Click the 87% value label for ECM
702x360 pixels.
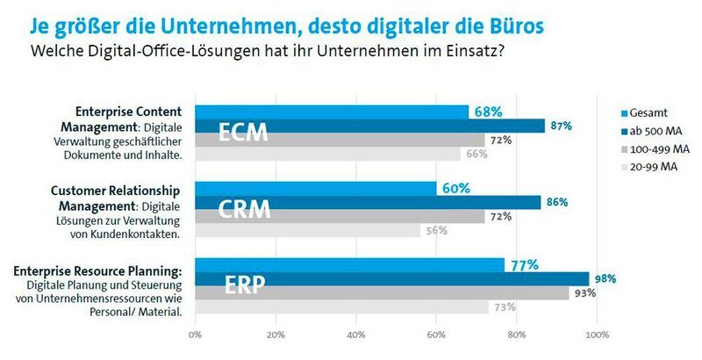click(x=562, y=126)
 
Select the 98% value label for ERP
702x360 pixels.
click(x=605, y=279)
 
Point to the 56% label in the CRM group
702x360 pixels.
click(x=437, y=231)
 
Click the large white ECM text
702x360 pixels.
click(x=243, y=134)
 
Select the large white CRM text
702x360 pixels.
click(x=245, y=211)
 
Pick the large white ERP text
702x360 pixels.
click(x=243, y=285)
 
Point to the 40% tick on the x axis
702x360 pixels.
click(x=356, y=335)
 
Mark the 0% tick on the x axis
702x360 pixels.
click(x=195, y=335)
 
